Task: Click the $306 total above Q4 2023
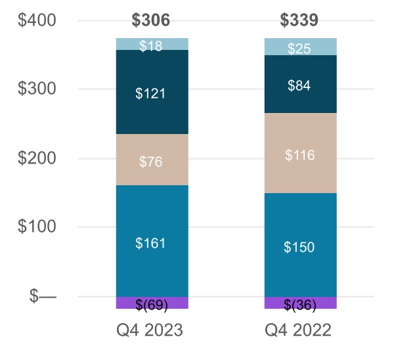point(151,20)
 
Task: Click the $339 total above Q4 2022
point(299,20)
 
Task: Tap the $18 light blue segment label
point(151,45)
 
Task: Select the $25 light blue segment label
point(299,49)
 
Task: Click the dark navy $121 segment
point(151,93)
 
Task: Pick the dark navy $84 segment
point(299,85)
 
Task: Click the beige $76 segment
point(151,162)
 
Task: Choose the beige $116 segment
point(299,155)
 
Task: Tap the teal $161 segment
point(151,243)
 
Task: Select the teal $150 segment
point(299,247)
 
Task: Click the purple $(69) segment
point(151,304)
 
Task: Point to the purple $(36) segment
point(299,304)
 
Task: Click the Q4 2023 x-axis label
point(151,330)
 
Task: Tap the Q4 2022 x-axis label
point(299,330)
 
